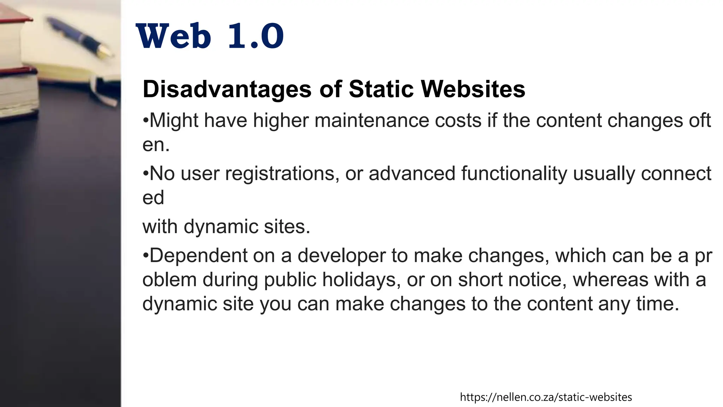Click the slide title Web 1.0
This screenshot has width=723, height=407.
coord(210,36)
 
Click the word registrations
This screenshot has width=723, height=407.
coord(280,174)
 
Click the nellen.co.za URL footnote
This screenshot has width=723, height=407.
coord(546,397)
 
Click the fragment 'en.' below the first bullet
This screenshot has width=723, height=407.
coord(156,145)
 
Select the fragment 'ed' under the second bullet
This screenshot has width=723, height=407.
coord(153,197)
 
